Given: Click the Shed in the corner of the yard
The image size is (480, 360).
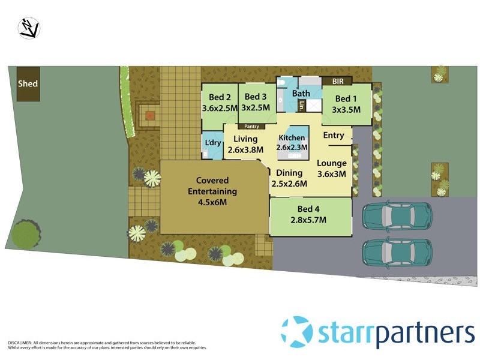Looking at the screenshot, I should click(x=28, y=83).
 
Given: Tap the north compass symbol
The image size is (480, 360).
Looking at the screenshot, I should click(x=29, y=28).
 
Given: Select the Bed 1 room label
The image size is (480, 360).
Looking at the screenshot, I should click(x=347, y=104).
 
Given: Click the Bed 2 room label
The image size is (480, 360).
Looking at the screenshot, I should click(x=220, y=103).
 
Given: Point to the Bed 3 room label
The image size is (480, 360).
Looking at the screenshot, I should click(x=256, y=102).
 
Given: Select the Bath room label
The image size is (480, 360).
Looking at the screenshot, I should click(x=301, y=93).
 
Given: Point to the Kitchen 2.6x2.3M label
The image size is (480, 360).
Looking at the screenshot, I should click(x=292, y=142).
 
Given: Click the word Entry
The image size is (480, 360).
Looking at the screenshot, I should click(x=334, y=136).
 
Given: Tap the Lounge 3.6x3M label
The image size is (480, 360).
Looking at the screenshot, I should click(x=332, y=168).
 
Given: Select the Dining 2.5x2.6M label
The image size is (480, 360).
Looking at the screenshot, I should click(x=289, y=178).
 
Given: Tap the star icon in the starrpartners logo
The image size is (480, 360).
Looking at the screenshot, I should click(x=297, y=332).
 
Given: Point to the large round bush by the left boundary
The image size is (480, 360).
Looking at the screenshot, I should click(x=26, y=233).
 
